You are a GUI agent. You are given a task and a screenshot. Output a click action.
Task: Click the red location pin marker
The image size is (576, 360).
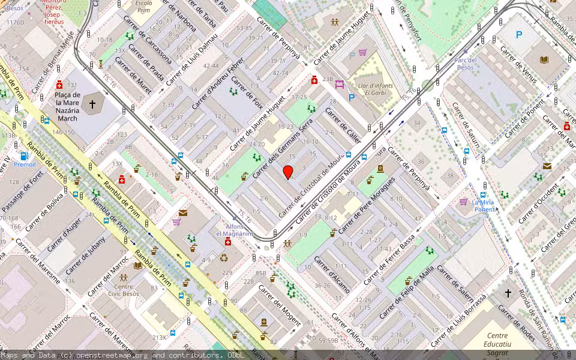[288, 172]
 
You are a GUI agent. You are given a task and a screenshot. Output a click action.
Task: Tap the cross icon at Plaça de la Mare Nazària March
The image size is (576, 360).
[92, 104]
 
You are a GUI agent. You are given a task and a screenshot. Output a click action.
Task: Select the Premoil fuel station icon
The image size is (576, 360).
[24, 157]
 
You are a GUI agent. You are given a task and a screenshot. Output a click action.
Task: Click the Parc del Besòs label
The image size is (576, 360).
[464, 64]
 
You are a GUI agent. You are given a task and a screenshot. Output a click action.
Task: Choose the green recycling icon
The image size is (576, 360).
[224, 259]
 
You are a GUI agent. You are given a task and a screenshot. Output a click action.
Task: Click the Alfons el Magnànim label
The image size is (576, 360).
[235, 229]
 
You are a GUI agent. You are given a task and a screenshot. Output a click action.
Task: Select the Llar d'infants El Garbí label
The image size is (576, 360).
[375, 89]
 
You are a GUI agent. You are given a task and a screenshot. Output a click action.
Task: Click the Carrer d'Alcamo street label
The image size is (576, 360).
[332, 275]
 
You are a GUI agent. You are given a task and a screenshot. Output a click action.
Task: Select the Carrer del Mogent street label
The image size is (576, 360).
[280, 305]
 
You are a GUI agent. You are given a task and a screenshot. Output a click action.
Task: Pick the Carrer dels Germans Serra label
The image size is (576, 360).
[283, 148]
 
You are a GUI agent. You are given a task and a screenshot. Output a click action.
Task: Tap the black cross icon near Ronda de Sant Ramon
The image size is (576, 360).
[508, 293]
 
